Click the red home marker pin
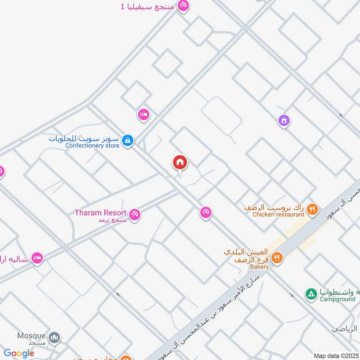point(180,162)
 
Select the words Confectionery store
point(92,145)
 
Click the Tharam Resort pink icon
point(134,215)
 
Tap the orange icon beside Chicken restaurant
point(313,209)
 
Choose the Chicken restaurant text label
point(278,215)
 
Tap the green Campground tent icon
point(311,294)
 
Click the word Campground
point(337,299)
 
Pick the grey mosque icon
point(54,337)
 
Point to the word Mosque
point(31,336)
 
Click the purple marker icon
point(283,121)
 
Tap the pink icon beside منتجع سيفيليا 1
point(183,6)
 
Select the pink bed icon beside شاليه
point(37,258)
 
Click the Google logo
point(19,353)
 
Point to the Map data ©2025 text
point(336,356)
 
